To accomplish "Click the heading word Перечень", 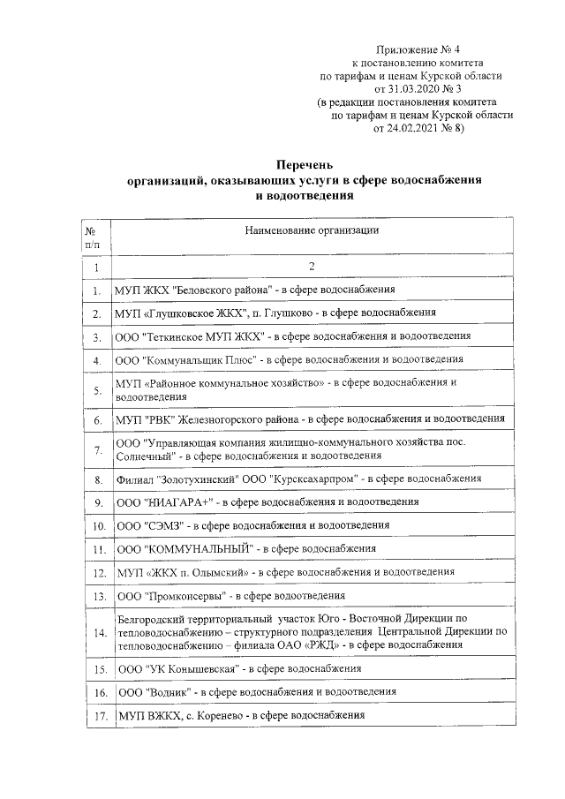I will pos(305,164).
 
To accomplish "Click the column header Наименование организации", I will pos(313,230).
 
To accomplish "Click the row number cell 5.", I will pos(95,390).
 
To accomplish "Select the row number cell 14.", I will pos(95,632).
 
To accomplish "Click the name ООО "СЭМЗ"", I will pos(147,525).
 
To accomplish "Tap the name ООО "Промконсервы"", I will pos(168,595).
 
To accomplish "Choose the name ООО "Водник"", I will pos(150,692).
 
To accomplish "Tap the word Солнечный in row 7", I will pos(143,456).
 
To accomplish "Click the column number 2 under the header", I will pos(312,266).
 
